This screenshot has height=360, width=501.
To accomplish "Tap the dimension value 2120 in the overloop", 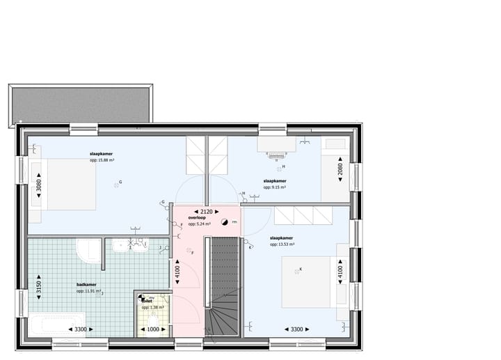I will click(206, 211).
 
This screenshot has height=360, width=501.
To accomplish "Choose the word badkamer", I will click(86, 285).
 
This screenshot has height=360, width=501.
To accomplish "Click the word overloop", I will click(197, 218).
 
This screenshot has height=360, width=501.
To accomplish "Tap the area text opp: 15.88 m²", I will click(102, 160).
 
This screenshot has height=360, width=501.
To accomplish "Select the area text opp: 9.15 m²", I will click(276, 187).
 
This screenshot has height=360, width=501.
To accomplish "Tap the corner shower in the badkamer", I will click(89, 251).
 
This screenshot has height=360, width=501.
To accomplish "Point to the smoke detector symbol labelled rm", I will click(224, 222).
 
